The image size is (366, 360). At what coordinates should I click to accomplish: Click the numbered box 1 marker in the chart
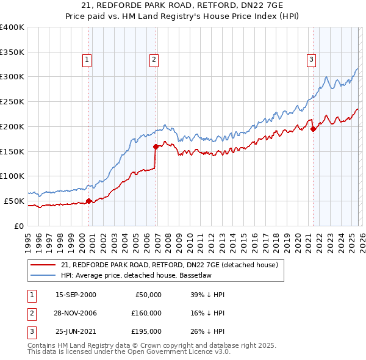(87, 59)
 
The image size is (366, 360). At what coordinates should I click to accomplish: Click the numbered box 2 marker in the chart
(153, 59)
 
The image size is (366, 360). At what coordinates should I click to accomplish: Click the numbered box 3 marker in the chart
(311, 59)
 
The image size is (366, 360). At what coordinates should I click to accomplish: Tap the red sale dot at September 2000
(88, 201)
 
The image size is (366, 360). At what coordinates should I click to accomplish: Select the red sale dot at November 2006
(156, 146)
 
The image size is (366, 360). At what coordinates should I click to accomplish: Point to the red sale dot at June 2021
(313, 129)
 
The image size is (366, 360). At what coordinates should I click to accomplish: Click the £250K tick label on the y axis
(12, 102)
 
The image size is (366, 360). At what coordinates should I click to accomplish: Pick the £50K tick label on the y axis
(15, 201)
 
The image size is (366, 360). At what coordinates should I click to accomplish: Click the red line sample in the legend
(43, 265)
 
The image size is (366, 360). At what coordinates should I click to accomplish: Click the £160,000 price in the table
(147, 312)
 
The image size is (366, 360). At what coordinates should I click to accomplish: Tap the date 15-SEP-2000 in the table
(76, 295)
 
